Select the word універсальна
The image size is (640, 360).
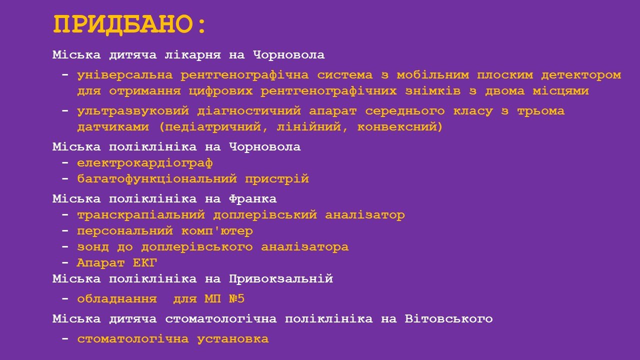[x=125, y=75]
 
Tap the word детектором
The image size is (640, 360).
[x=581, y=75]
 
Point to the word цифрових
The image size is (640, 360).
[x=220, y=91]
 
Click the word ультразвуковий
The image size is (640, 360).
[x=133, y=111]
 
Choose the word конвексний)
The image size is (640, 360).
[x=400, y=127]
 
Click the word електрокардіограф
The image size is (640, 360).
[x=145, y=163]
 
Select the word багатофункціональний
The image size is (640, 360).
[x=157, y=179]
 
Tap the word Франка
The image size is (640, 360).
[x=253, y=199]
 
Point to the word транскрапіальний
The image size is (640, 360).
[x=141, y=215]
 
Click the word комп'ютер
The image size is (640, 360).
[x=217, y=231]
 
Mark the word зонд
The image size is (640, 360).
[x=93, y=247]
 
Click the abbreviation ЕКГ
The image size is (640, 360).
[x=145, y=263]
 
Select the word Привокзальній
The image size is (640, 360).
[x=281, y=279]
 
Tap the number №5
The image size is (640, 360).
[x=237, y=299]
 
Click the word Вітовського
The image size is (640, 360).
[x=448, y=319]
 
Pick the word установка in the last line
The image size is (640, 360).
[x=233, y=339]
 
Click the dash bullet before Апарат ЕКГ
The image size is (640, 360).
[x=65, y=263]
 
